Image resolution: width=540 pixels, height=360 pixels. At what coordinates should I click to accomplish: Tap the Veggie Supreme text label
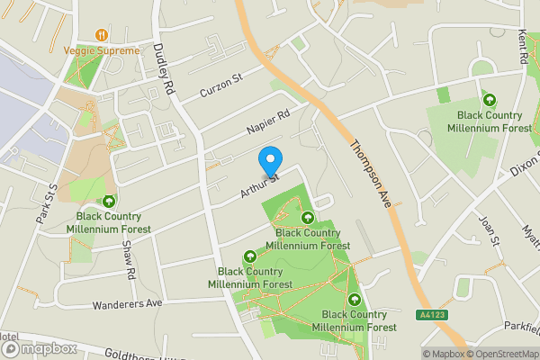pos(103,50)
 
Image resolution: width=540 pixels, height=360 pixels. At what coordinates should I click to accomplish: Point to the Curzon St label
pos(221,85)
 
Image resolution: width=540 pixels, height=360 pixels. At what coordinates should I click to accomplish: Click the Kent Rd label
pos(522,45)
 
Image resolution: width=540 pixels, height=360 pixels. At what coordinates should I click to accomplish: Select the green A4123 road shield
pos(431,314)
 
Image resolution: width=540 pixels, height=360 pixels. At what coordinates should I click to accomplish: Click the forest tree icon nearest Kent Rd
pos(490,99)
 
